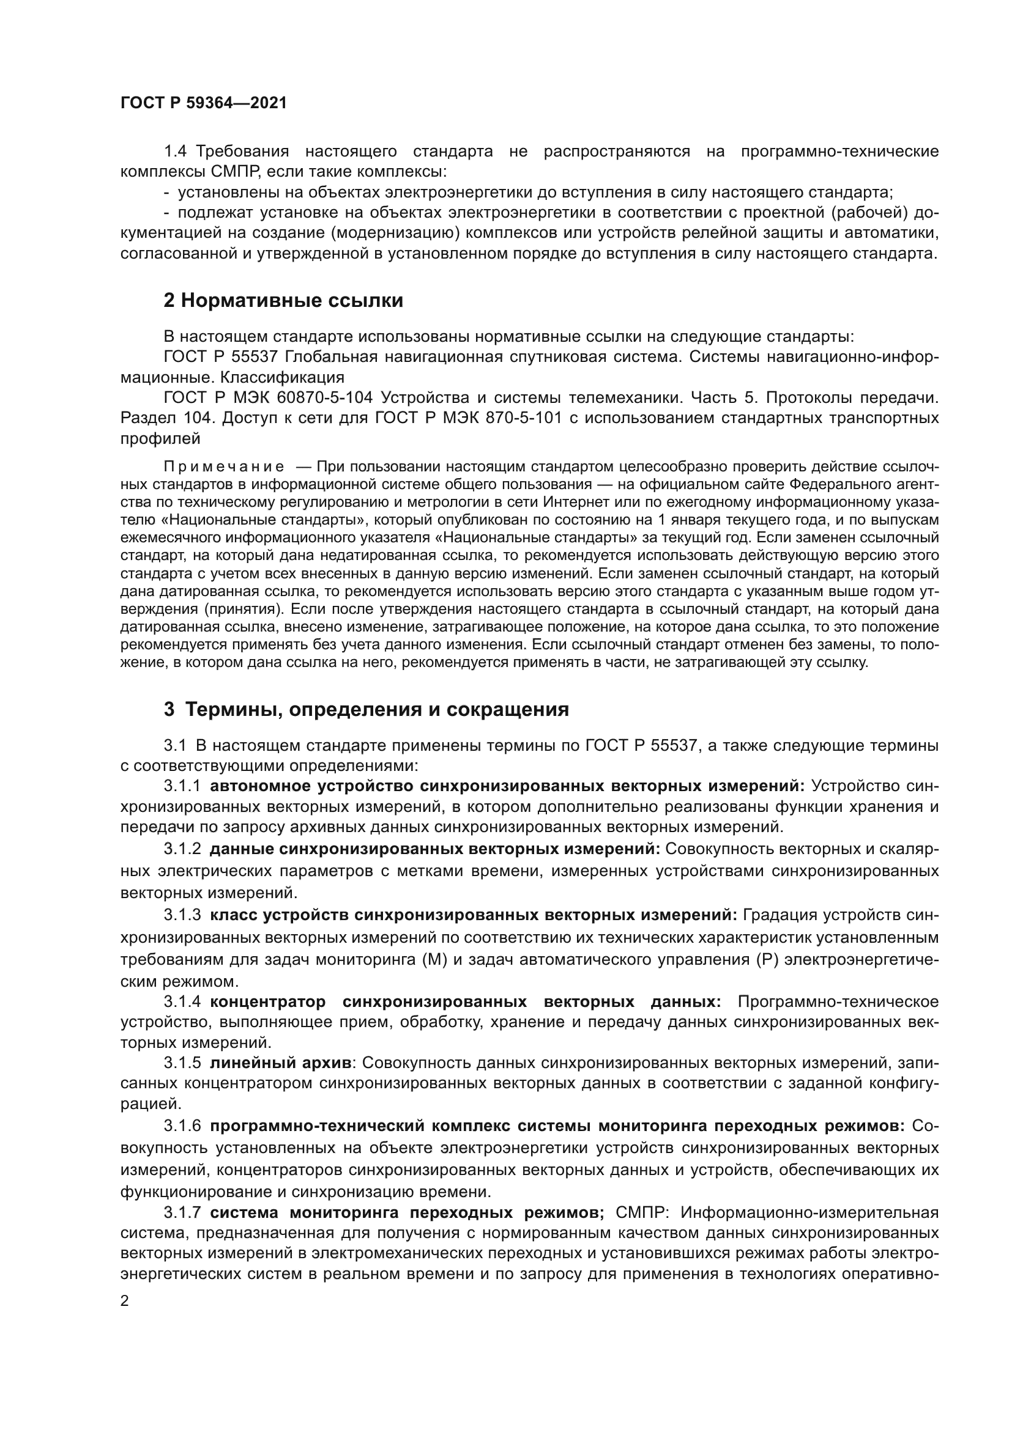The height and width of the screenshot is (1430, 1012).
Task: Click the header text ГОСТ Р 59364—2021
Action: click(x=204, y=103)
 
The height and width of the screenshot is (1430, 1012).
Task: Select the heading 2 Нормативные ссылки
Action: click(x=283, y=301)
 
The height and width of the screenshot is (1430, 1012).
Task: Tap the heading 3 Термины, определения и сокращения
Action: click(x=366, y=709)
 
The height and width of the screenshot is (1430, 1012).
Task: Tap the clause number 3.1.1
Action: click(x=182, y=787)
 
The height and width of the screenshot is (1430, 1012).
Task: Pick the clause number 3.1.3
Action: click(x=182, y=915)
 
